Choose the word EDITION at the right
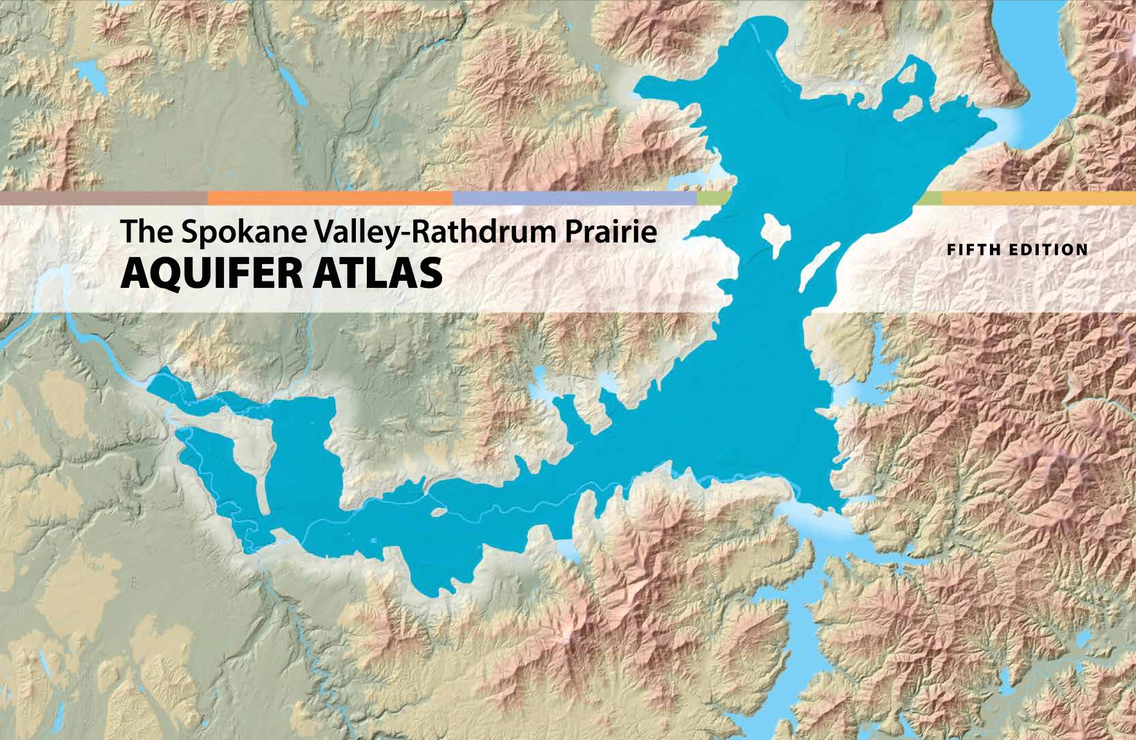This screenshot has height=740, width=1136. coord(1048,250)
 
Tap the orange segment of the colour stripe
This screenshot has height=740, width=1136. coord(330,198)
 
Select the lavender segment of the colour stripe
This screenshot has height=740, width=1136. coord(574,198)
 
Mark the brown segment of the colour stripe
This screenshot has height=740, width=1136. coord(103,198)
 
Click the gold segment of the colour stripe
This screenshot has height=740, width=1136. coord(1038,198)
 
